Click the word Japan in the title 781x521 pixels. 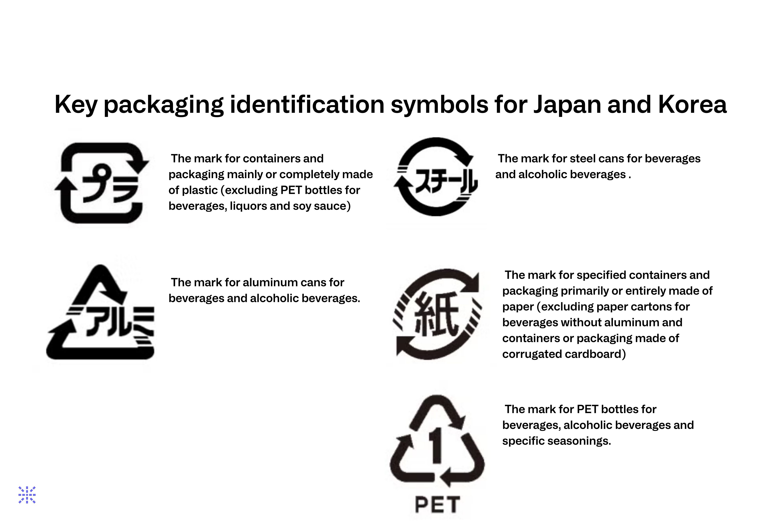[568, 105]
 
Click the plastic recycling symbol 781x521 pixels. [101, 183]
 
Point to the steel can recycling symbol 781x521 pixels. [436, 177]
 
